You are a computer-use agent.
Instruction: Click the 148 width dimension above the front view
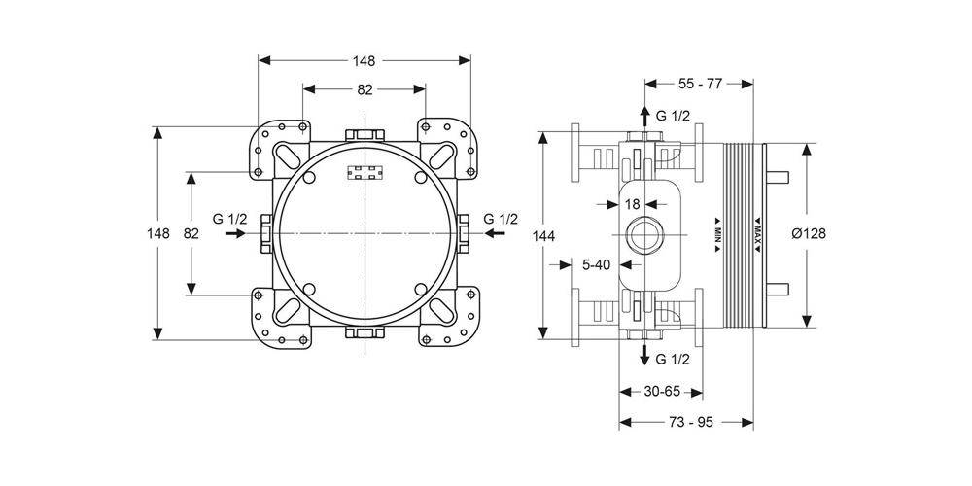364,61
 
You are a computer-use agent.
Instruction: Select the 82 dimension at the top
364,90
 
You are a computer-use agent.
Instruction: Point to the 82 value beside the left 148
191,233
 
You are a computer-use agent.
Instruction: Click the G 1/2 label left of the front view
229,219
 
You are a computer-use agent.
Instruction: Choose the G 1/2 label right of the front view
502,219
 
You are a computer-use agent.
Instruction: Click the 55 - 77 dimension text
700,84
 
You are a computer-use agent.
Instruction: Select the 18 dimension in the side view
632,204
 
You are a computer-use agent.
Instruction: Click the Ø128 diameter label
809,234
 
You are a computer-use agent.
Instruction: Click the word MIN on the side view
716,234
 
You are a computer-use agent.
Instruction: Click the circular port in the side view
642,234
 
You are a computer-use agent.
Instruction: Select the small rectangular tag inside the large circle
364,175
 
